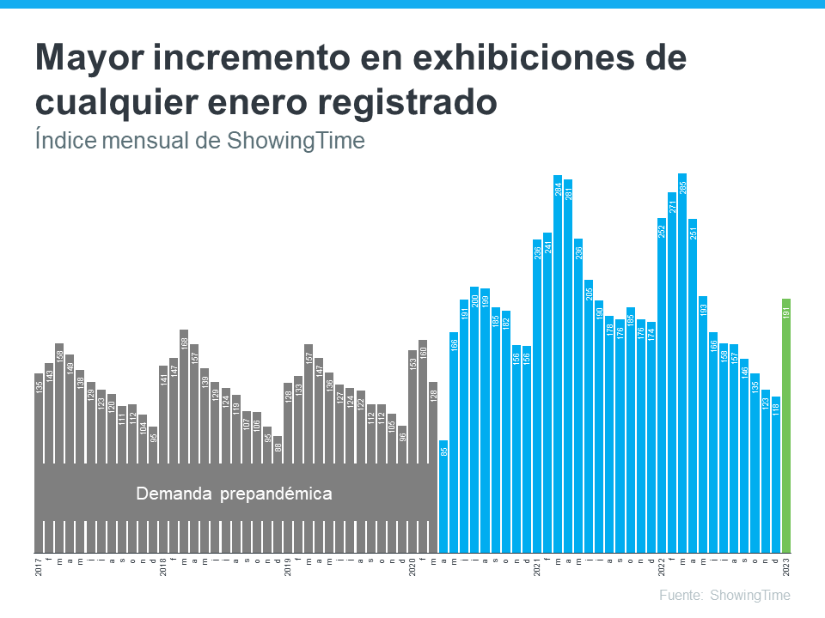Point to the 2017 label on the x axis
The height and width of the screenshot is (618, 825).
39,567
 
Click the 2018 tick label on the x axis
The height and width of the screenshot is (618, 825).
163,567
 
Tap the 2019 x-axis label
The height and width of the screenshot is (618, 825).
288,567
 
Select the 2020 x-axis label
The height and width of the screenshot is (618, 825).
412,567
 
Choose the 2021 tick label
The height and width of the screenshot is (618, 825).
537,567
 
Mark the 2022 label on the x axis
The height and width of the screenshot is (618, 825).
662,567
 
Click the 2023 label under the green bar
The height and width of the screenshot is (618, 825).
786,567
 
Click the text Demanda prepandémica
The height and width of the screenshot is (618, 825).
234,494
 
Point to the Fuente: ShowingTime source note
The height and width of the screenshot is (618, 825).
724,595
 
